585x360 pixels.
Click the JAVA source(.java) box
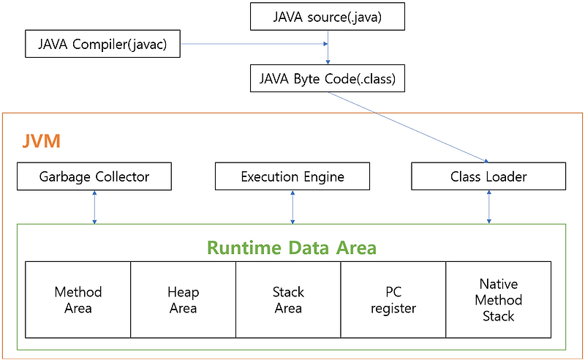(x=327, y=16)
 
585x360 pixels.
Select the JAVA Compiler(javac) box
(x=102, y=45)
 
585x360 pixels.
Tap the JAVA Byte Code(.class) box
(x=327, y=78)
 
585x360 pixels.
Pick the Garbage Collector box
(x=94, y=176)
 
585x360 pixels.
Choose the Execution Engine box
(x=292, y=176)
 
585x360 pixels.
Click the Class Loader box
(x=488, y=176)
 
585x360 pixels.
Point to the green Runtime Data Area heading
(x=292, y=247)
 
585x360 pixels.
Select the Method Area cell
(x=78, y=299)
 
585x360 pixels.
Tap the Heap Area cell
(x=183, y=299)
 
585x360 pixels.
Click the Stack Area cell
(x=288, y=299)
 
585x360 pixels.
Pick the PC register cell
(x=393, y=299)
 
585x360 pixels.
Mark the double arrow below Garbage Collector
(x=94, y=207)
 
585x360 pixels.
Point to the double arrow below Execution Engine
(x=292, y=207)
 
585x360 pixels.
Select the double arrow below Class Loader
(x=488, y=207)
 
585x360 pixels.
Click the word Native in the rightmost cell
(x=499, y=283)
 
